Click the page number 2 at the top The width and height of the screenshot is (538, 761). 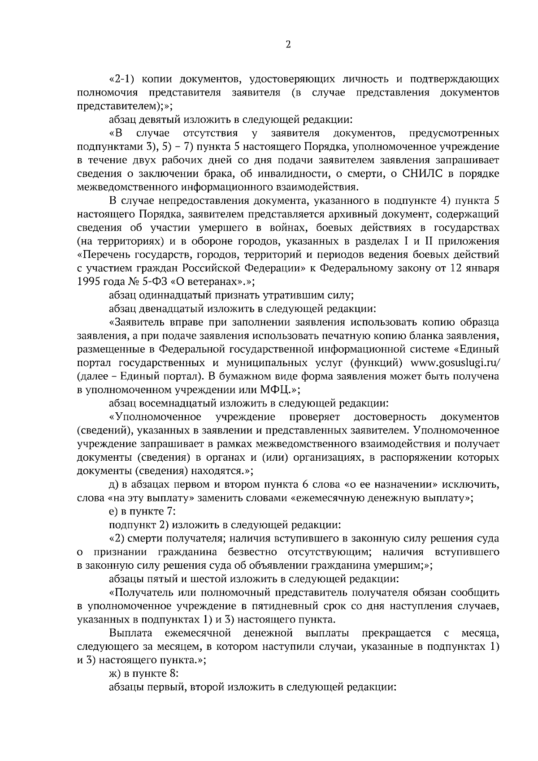click(x=288, y=44)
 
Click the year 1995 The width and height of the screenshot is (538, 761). click(x=88, y=281)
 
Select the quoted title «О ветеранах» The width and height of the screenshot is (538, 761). click(x=215, y=281)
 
